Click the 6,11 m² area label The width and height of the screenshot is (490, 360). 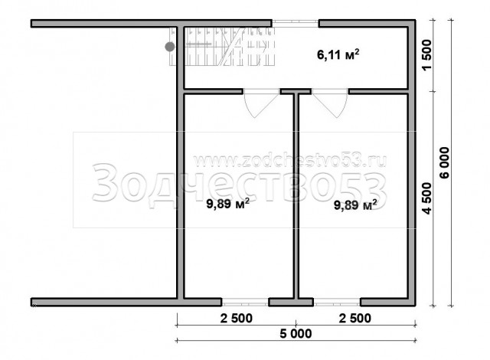(338, 54)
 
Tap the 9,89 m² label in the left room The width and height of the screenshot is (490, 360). (228, 204)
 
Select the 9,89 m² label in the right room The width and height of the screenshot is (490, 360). (355, 205)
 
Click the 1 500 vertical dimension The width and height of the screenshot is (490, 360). (426, 55)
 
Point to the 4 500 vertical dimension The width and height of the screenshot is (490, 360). (426, 198)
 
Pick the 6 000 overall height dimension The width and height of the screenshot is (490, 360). (444, 163)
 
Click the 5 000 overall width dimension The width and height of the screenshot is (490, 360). (296, 334)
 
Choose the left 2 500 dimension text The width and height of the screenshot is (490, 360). (237, 319)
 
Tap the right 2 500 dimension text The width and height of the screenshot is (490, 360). (355, 319)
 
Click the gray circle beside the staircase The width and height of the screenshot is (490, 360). (170, 47)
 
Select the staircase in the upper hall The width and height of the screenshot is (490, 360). (222, 47)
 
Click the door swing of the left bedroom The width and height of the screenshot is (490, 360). (261, 104)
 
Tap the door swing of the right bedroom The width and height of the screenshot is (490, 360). (330, 104)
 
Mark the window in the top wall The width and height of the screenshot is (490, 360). (295, 22)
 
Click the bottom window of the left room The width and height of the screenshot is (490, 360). (245, 303)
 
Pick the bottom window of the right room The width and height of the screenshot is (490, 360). (337, 303)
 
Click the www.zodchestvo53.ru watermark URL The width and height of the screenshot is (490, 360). (290, 161)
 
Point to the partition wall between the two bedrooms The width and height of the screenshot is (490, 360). (296, 195)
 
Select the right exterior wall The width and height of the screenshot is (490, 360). (412, 163)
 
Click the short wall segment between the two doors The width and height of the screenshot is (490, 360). (296, 92)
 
